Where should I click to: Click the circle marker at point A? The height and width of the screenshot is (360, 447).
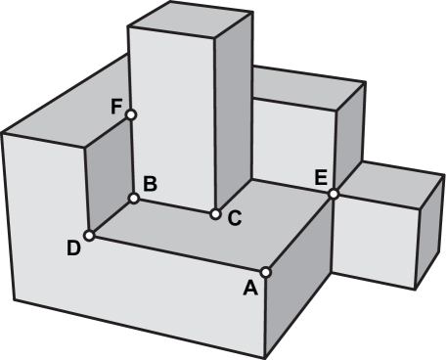pyautogui.click(x=266, y=271)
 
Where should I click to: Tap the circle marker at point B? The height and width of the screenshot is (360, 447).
pyautogui.click(x=134, y=199)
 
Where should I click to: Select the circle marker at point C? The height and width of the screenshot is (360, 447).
pyautogui.click(x=215, y=212)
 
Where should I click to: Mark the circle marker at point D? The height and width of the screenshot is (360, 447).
pyautogui.click(x=89, y=235)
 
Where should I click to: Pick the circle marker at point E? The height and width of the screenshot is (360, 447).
pyautogui.click(x=334, y=194)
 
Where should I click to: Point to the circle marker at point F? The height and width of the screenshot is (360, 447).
pyautogui.click(x=131, y=114)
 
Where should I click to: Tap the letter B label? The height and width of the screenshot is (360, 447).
pyautogui.click(x=150, y=182)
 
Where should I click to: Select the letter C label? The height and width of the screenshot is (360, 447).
pyautogui.click(x=235, y=219)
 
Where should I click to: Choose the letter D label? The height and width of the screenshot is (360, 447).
pyautogui.click(x=73, y=248)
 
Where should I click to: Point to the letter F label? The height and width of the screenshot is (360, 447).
pyautogui.click(x=115, y=106)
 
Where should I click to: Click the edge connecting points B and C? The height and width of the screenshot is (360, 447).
pyautogui.click(x=174, y=205)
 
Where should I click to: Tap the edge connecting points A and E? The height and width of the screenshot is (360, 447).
pyautogui.click(x=299, y=233)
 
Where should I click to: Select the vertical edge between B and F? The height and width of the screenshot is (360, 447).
pyautogui.click(x=132, y=157)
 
